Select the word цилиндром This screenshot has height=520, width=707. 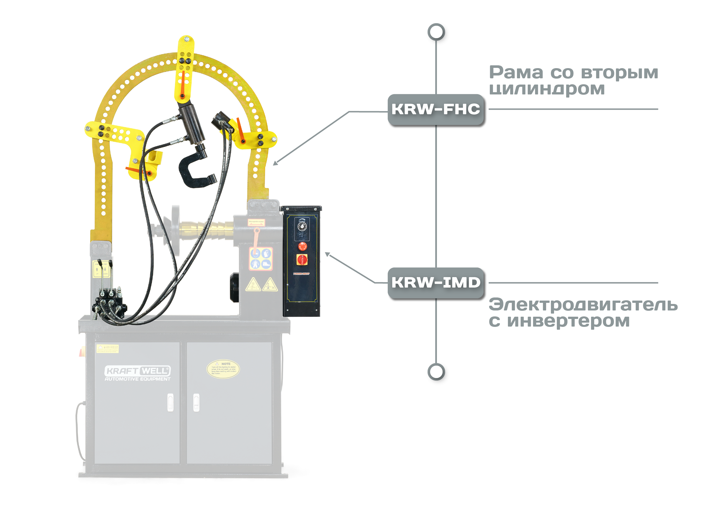coord(546,89)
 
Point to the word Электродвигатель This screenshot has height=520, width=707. coord(583,305)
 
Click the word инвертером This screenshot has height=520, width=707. coord(568,321)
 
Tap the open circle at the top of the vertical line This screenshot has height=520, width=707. coord(436,32)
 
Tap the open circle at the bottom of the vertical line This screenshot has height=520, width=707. coord(436,372)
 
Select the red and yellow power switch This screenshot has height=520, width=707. coord(302,260)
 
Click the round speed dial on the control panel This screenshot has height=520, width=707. coord(302,226)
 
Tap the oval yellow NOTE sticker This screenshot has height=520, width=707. coord(223,369)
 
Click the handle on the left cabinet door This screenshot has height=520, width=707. coord(170,402)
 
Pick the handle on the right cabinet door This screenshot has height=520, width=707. coord(196,402)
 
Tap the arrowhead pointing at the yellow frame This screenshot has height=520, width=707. coord(275,163)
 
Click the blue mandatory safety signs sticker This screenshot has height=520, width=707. coord(261,259)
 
